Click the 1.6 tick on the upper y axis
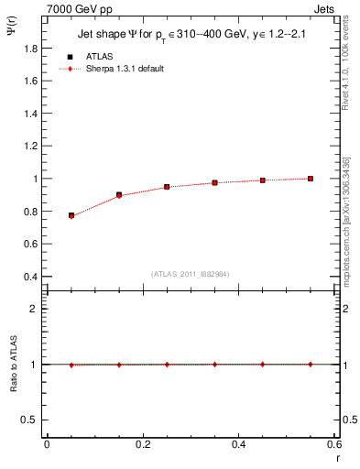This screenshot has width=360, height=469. (x=30, y=81)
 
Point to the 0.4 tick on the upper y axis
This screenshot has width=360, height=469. (x=30, y=277)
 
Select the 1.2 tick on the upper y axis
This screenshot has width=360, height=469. (x=30, y=146)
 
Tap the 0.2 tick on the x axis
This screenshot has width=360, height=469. (x=142, y=444)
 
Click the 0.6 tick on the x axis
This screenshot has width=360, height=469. (x=334, y=444)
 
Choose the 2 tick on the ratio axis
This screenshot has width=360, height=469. (x=34, y=309)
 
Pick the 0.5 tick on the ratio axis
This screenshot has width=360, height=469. (x=30, y=420)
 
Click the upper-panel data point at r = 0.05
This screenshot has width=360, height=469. (x=71, y=215)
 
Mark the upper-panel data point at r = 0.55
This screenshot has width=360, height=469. (x=311, y=179)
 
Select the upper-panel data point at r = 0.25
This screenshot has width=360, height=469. (x=167, y=187)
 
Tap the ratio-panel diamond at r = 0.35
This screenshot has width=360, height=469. (x=214, y=364)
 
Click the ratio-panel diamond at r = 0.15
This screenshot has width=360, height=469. (x=119, y=364)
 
